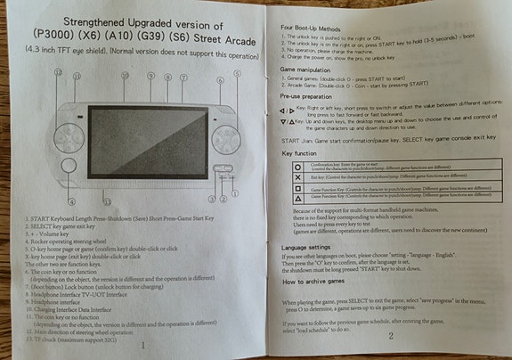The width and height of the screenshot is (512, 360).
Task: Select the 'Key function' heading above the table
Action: [x=299, y=154]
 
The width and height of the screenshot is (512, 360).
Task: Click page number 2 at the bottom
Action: [x=392, y=337]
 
